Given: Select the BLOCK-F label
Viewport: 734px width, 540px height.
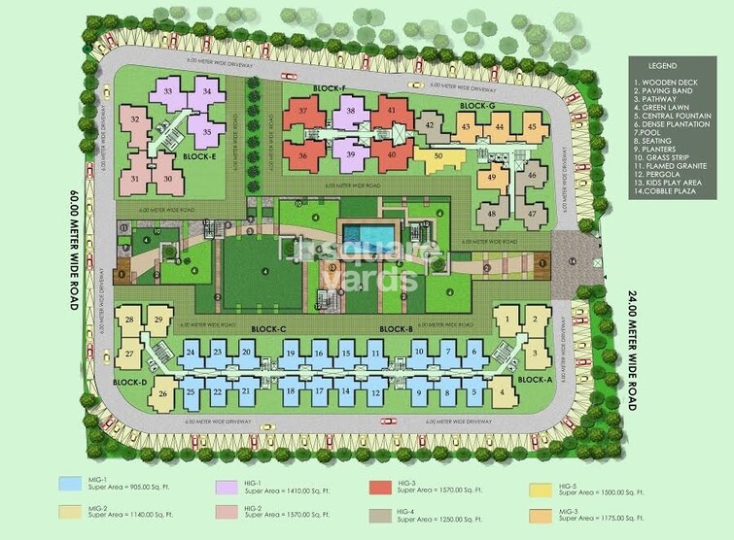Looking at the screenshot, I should tap(330, 88).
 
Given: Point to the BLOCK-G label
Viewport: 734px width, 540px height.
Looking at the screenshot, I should tap(477, 105).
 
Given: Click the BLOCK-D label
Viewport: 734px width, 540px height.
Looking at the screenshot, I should tap(129, 382).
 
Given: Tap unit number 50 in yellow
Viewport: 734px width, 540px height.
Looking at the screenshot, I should tap(438, 156).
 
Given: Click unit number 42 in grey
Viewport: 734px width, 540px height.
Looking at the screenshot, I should tap(429, 124).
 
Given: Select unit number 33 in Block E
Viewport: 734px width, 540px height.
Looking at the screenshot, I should tap(169, 91).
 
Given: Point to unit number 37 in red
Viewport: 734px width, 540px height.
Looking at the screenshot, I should tap(304, 112).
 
